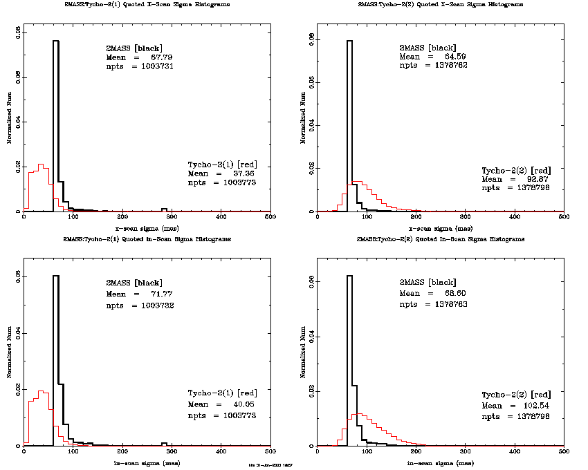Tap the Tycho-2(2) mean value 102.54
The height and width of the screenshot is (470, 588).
[x=528, y=405]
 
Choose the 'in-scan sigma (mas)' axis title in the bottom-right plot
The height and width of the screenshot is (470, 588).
[x=440, y=462]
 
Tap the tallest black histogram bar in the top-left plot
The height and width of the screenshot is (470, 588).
[x=56, y=124]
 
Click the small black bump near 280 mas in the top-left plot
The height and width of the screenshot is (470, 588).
[x=164, y=209]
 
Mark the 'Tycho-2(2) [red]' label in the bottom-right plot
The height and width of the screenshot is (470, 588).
[x=516, y=395]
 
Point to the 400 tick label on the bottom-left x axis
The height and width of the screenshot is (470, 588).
[x=221, y=453]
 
